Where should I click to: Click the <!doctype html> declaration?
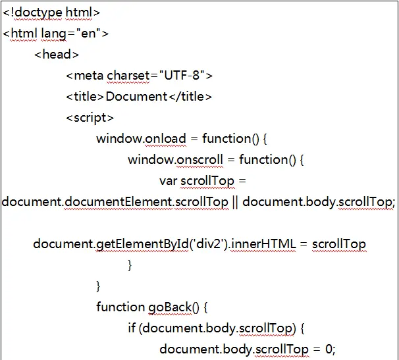pos(51,12)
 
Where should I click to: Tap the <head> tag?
pos(57,55)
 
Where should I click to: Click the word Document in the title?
pos(136,97)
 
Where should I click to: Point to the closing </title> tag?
pos(190,97)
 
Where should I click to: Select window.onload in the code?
pos(139,139)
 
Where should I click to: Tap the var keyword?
pos(168,181)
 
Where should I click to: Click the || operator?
pos(235,202)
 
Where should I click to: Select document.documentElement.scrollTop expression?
pos(115,202)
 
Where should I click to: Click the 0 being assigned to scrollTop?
pos(331,349)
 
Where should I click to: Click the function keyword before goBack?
pos(120,307)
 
